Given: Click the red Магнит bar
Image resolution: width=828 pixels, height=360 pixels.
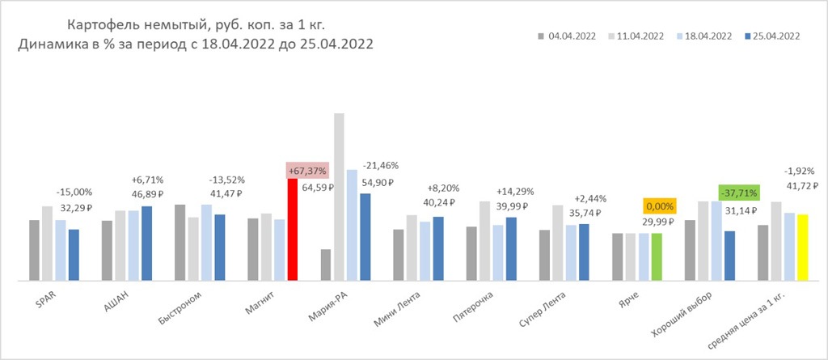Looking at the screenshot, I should (x=293, y=229).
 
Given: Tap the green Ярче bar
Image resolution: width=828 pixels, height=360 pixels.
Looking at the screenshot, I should (x=657, y=256).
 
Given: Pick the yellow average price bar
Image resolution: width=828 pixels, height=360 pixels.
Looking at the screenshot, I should (x=802, y=247).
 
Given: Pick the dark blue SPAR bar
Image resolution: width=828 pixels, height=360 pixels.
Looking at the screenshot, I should (x=74, y=255).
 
